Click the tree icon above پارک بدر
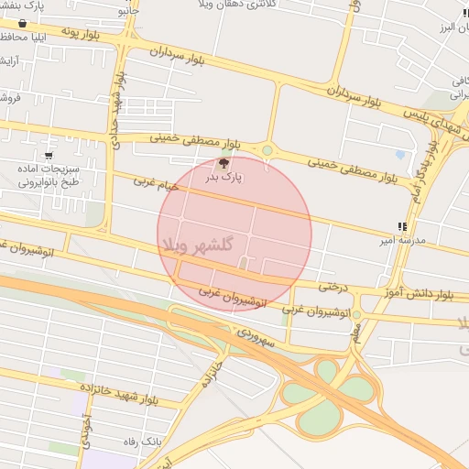pos(224,163)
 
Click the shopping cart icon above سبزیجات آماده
pos(49,156)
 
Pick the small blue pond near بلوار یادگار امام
pos(400,154)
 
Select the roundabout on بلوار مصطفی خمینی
pos(267,150)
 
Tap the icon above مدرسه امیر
pos(401,225)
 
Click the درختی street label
pos(334,286)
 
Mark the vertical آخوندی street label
pos(87,429)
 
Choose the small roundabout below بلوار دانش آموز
pos(358,315)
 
